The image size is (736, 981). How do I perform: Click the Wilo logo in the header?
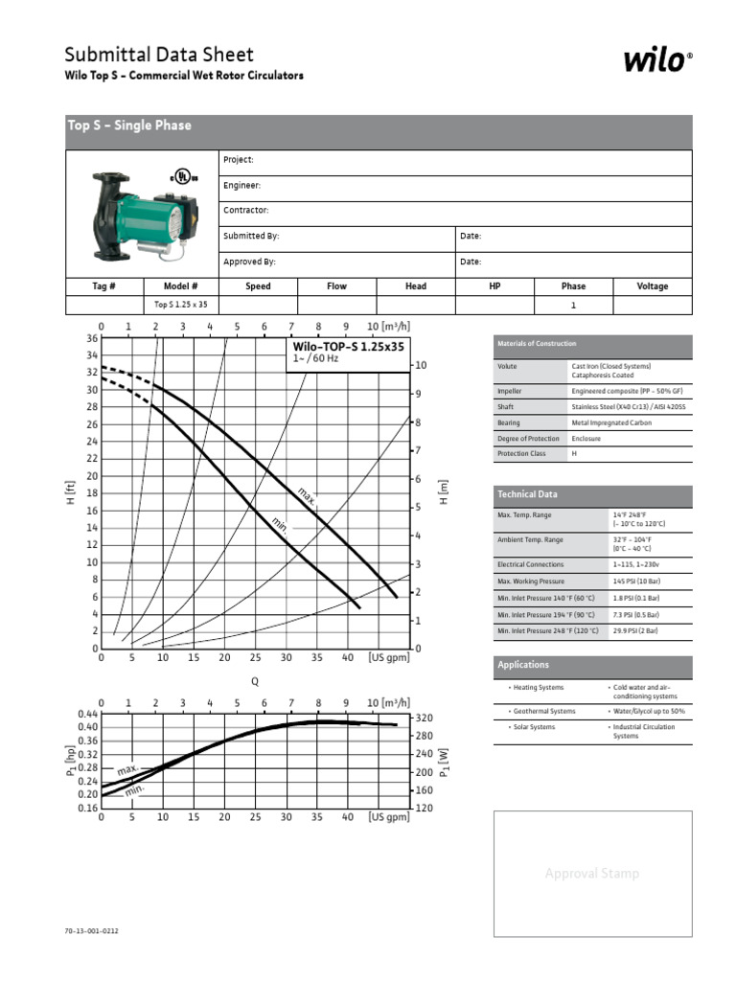pyautogui.click(x=656, y=61)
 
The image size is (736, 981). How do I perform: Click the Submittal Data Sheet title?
pyautogui.click(x=159, y=55)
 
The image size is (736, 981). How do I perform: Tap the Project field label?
pyautogui.click(x=239, y=160)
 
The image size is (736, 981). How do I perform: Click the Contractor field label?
pyautogui.click(x=246, y=210)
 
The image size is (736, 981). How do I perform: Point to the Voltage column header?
pyautogui.click(x=653, y=286)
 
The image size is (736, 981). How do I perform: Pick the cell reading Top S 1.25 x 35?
pyautogui.click(x=181, y=305)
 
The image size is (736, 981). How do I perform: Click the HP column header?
pyautogui.click(x=494, y=286)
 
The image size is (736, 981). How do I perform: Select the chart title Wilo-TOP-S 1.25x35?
pyautogui.click(x=348, y=347)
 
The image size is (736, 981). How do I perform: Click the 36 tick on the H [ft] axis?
pyautogui.click(x=92, y=338)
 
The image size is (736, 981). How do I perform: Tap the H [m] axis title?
pyautogui.click(x=444, y=493)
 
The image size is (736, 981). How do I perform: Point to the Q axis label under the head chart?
pyautogui.click(x=255, y=681)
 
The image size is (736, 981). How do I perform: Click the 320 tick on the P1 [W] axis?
pyautogui.click(x=425, y=719)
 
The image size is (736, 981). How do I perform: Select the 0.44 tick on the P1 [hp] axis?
pyautogui.click(x=87, y=715)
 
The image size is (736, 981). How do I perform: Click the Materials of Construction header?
pyautogui.click(x=537, y=344)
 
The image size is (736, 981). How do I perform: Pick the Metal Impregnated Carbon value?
pyautogui.click(x=612, y=422)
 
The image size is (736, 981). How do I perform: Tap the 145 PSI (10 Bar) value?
pyautogui.click(x=638, y=582)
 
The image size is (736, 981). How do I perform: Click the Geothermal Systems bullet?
pyautogui.click(x=543, y=712)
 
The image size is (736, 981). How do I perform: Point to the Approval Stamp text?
pyautogui.click(x=591, y=874)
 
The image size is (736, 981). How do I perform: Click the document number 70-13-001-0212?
pyautogui.click(x=92, y=930)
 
